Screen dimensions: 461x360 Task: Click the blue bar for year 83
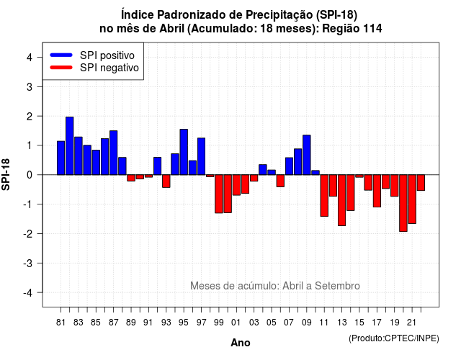click(x=79, y=156)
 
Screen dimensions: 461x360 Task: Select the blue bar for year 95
click(x=184, y=152)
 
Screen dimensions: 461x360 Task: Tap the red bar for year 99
click(x=219, y=194)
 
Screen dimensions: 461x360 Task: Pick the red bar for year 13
click(x=341, y=200)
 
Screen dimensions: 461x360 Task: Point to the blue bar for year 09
click(x=307, y=155)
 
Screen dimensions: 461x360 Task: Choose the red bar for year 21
click(x=412, y=199)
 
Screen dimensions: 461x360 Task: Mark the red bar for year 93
click(x=166, y=181)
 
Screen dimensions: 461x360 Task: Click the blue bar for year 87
click(x=114, y=153)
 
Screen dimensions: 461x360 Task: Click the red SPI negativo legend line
click(x=61, y=68)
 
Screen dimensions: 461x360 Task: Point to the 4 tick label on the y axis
click(x=30, y=58)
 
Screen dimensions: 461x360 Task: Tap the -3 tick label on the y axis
click(x=28, y=263)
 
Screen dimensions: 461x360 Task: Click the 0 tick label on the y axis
click(x=30, y=175)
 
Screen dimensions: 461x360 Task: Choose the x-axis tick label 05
click(x=272, y=323)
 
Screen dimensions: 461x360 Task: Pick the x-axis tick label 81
click(x=61, y=323)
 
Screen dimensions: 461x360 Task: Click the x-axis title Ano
click(x=241, y=343)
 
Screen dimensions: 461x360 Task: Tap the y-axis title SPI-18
click(x=6, y=174)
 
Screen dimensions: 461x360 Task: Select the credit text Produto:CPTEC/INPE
click(x=394, y=338)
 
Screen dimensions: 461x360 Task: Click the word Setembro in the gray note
click(x=337, y=286)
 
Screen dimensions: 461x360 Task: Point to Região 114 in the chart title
click(x=352, y=29)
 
